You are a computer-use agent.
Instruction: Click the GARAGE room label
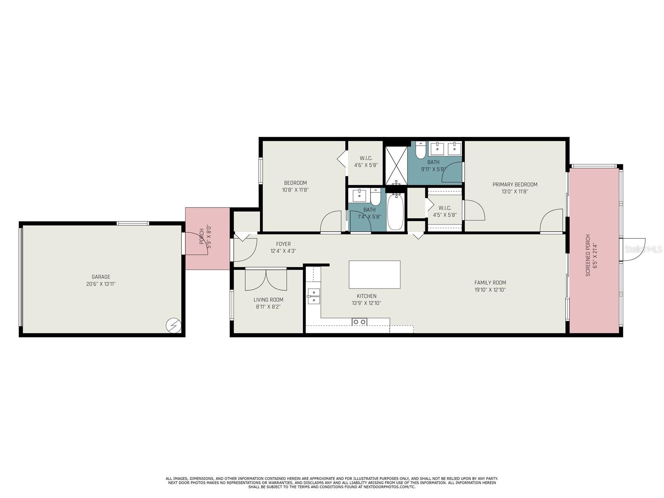pos(101,277)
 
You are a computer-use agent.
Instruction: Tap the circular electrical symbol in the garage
pos(173,325)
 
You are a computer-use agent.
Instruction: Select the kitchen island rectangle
pos(374,274)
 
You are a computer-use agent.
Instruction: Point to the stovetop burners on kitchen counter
pos(359,322)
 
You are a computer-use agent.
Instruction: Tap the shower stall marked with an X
pos(396,165)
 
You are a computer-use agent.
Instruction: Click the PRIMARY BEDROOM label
pos(515,185)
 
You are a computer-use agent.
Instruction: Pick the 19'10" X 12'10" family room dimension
pos(490,290)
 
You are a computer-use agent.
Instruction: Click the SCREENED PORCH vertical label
pos(588,256)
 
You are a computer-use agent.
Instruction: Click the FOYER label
pos(283,244)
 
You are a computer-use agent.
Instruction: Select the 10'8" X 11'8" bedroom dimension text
pos(295,190)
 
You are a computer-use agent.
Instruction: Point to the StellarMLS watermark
pos(644,249)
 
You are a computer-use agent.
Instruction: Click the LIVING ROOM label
pos(268,300)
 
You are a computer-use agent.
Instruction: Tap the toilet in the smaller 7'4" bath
pos(376,198)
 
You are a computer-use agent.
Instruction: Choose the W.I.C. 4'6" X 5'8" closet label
pos(366,161)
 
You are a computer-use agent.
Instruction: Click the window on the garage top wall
pos(132,223)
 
